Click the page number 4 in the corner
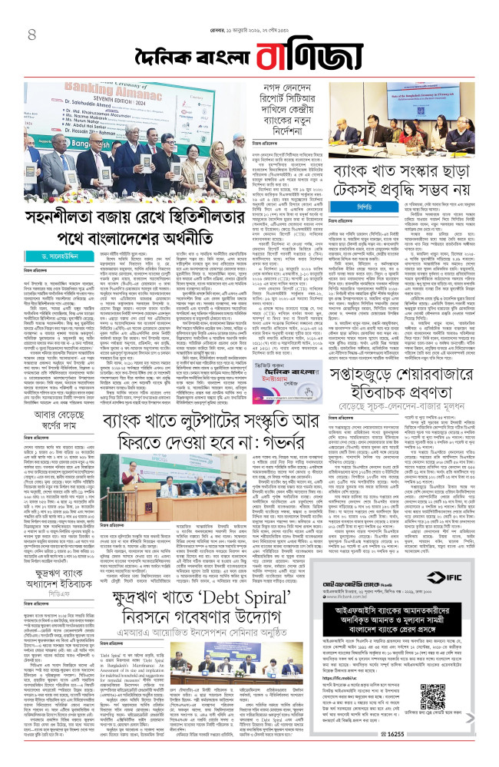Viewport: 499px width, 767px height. coord(31,35)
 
